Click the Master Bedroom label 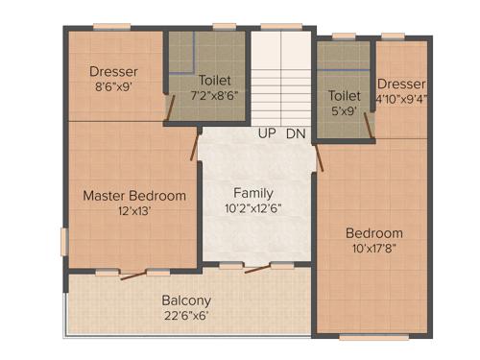(x=133, y=196)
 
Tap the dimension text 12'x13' (x=133, y=212)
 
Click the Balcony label (x=185, y=299)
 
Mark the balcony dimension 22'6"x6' (x=185, y=314)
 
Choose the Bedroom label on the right (x=374, y=233)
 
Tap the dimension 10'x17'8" (x=374, y=249)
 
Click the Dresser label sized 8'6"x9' (x=114, y=71)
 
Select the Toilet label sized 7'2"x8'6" (x=216, y=81)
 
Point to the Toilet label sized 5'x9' (x=344, y=96)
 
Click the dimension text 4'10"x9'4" (x=401, y=97)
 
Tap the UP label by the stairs (x=267, y=133)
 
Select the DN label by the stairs (x=296, y=133)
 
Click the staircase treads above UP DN (x=281, y=77)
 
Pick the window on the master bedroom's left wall (x=64, y=241)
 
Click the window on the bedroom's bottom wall (x=366, y=337)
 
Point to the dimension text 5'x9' (x=343, y=110)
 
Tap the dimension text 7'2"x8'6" (x=216, y=96)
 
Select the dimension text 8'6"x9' (x=114, y=86)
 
